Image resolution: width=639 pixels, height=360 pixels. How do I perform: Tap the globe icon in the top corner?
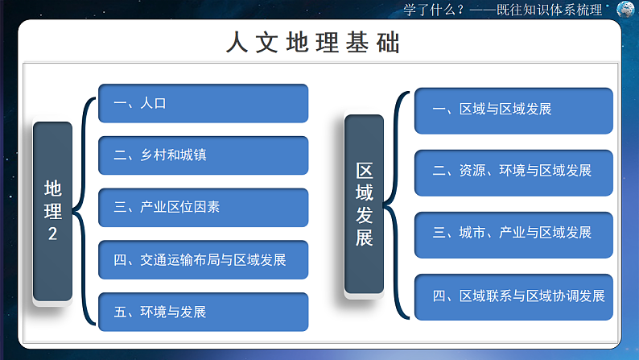(625, 10)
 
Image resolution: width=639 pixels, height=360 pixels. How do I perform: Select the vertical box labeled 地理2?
(52, 212)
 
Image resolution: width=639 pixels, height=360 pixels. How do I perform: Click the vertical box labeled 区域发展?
(364, 204)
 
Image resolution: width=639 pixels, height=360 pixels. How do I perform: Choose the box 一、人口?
(203, 104)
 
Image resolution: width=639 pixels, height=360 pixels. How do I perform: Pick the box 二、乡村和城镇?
(203, 155)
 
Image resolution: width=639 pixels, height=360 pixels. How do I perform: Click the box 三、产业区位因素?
(203, 207)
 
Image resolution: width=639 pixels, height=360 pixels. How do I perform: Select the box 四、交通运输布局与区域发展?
(203, 259)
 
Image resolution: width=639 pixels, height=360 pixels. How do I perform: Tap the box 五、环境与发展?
(203, 312)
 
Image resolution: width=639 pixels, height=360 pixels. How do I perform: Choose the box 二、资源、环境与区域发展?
(513, 172)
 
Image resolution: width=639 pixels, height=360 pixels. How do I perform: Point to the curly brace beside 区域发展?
(394, 205)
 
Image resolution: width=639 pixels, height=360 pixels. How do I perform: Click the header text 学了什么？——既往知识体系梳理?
(503, 10)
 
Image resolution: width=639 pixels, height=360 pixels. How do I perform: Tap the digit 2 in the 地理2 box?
(52, 234)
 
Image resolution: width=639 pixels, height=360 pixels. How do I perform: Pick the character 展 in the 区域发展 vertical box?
(364, 238)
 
